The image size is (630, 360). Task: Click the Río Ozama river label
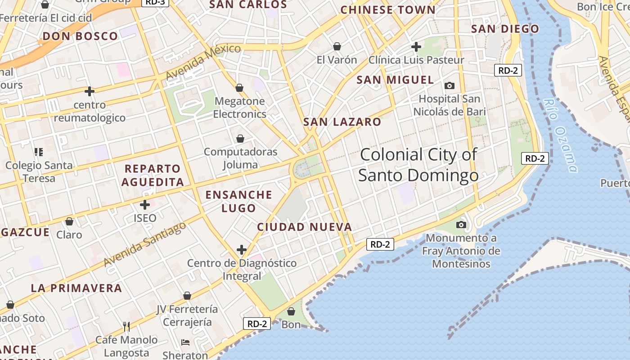click(x=560, y=135)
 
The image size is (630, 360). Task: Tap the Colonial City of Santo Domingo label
click(x=418, y=165)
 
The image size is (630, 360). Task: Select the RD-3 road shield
click(x=155, y=2)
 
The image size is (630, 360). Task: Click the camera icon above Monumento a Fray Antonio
click(x=461, y=225)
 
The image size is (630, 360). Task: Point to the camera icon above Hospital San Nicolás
click(x=449, y=85)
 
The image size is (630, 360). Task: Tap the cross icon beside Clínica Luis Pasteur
click(x=416, y=46)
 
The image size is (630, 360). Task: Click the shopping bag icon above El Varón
click(x=337, y=46)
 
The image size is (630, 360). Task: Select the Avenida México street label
click(x=203, y=62)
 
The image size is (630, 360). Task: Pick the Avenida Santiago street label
click(x=145, y=244)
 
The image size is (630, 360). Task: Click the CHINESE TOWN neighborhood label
click(x=388, y=10)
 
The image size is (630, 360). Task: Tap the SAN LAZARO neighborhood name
click(x=342, y=122)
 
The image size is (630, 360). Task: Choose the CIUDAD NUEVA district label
click(x=304, y=227)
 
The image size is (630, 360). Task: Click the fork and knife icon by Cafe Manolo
click(x=126, y=326)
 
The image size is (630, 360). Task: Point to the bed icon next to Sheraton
click(x=185, y=342)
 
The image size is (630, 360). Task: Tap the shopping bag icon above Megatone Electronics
click(x=239, y=88)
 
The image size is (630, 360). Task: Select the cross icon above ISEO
click(x=144, y=205)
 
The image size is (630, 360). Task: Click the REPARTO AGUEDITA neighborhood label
click(x=153, y=175)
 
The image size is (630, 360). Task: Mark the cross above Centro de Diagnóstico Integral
click(x=242, y=250)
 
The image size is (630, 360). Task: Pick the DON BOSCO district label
click(x=80, y=36)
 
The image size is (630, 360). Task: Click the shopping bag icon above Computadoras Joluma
click(x=240, y=139)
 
